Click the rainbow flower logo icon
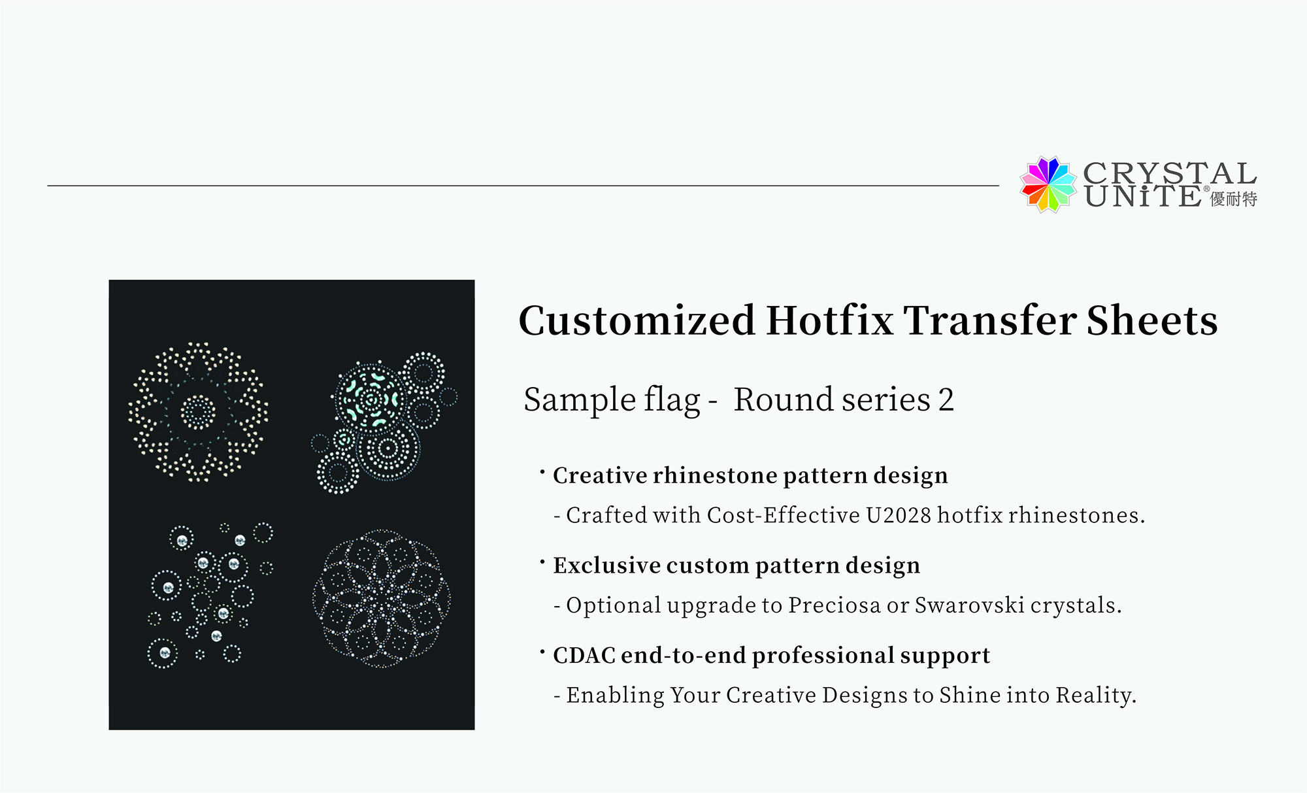[1048, 184]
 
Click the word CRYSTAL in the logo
[1170, 174]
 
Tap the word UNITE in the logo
[1142, 196]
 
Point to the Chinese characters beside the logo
[1234, 199]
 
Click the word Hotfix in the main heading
[829, 320]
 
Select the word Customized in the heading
[637, 321]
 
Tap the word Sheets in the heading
[1152, 320]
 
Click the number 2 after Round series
[946, 399]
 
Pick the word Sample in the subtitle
[579, 400]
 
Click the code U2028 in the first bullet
[899, 515]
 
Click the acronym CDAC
[584, 655]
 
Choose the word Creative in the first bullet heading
[599, 475]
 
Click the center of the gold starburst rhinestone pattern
[198, 412]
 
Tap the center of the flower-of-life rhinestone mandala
[382, 598]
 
